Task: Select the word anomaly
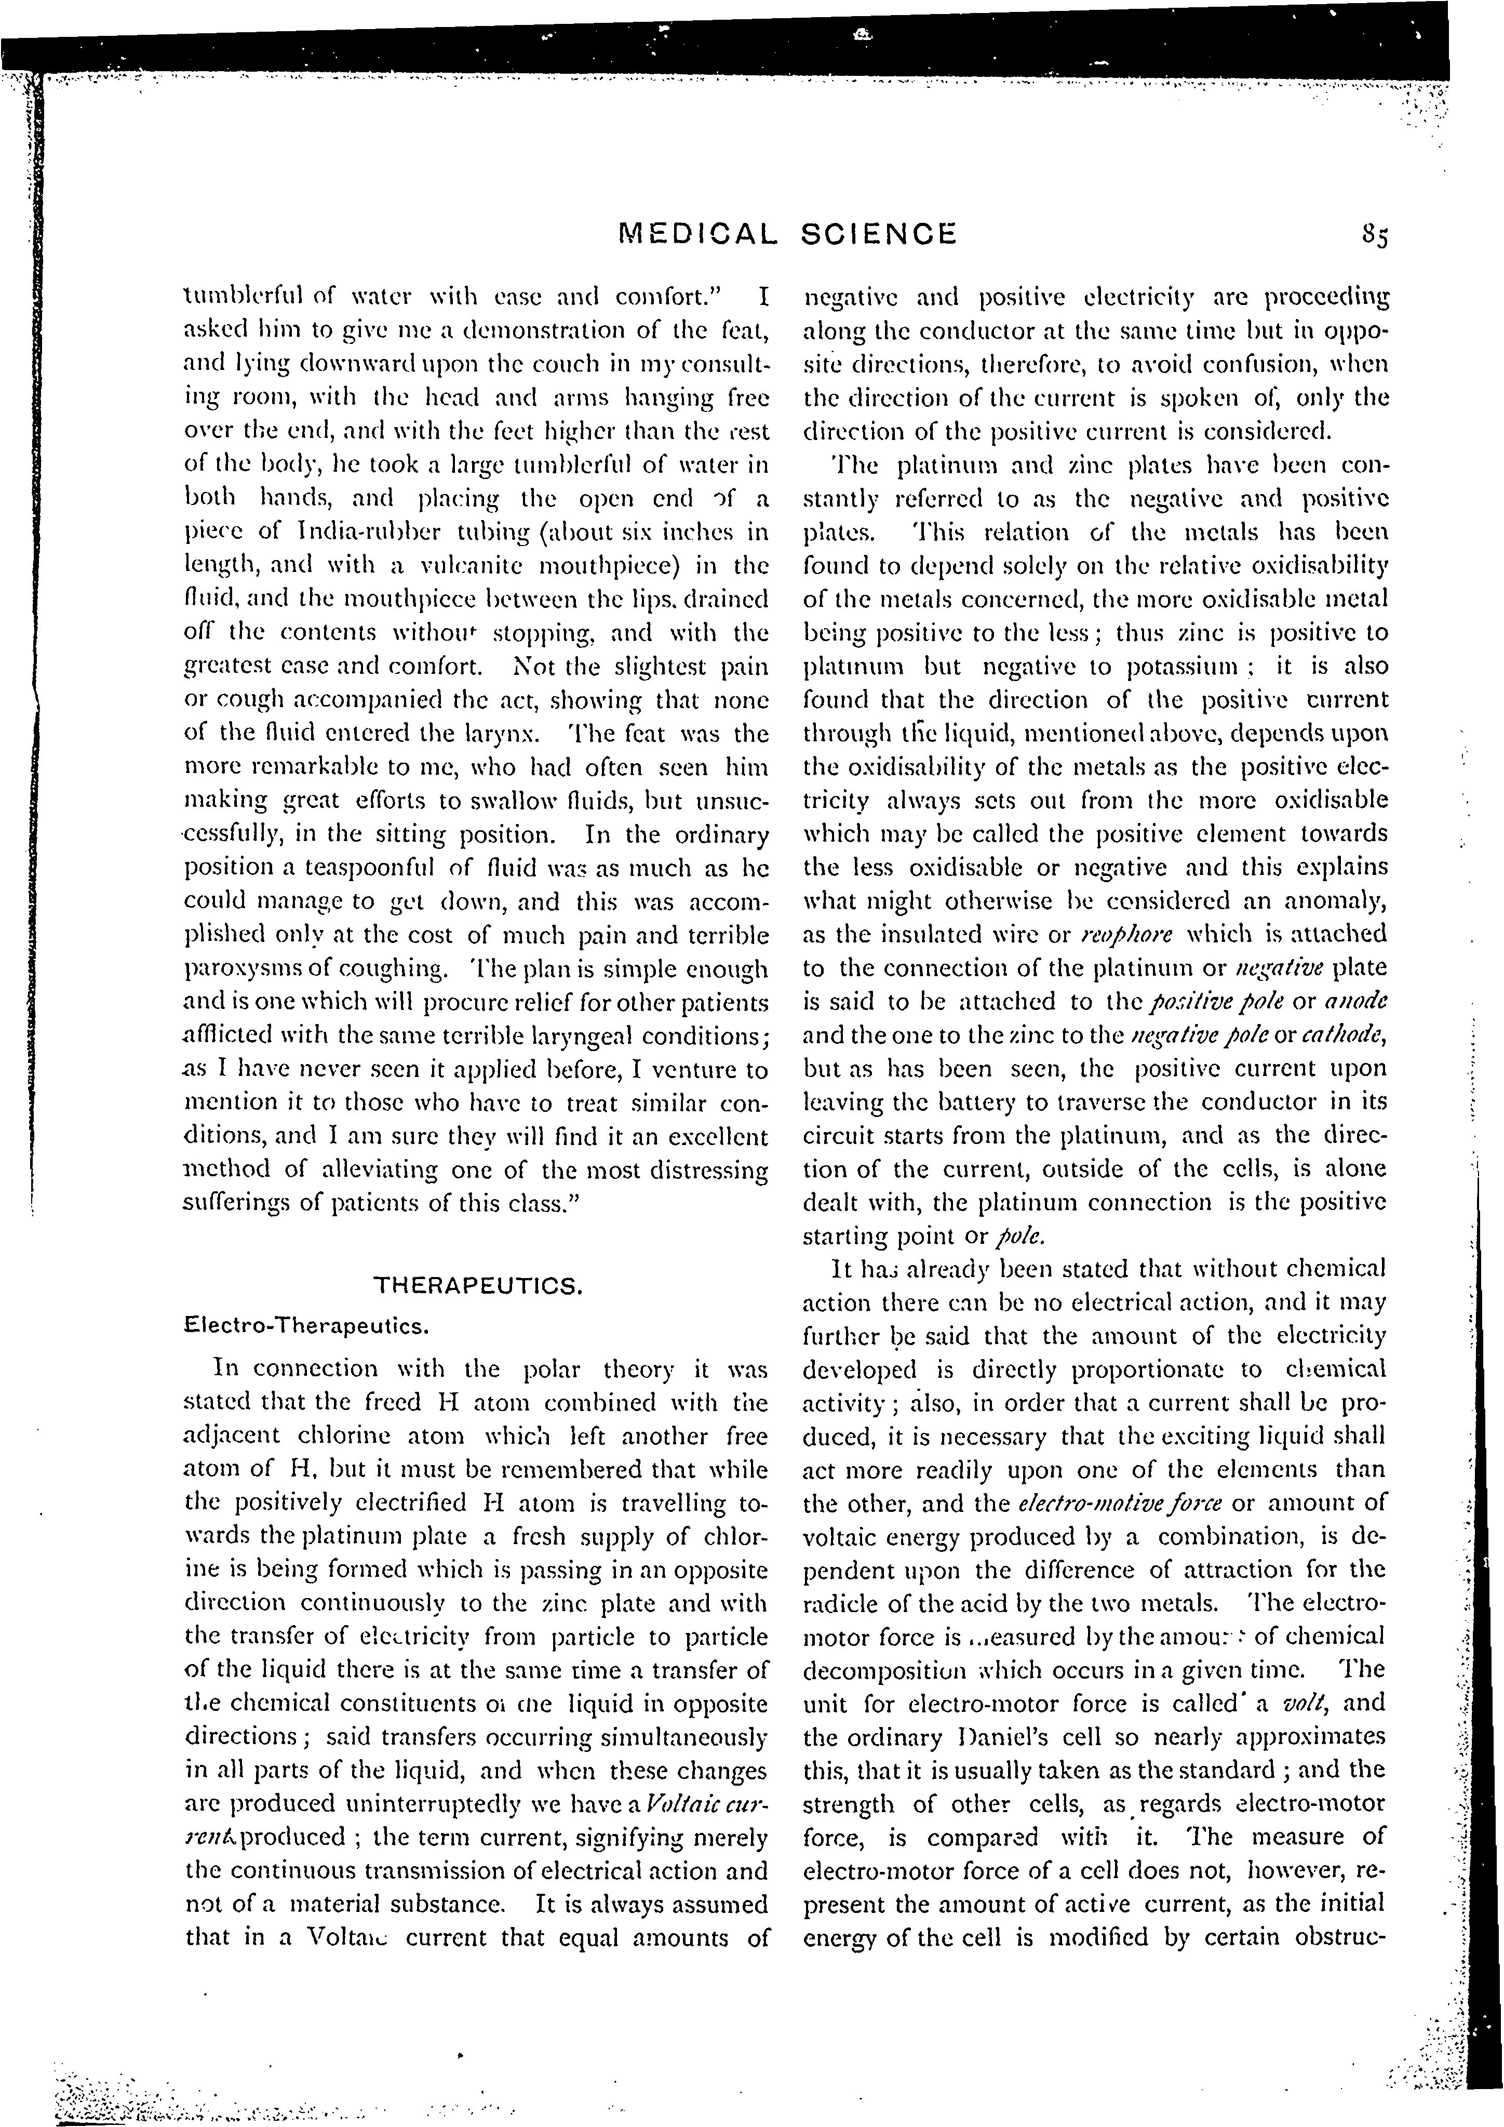tap(1338, 900)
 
